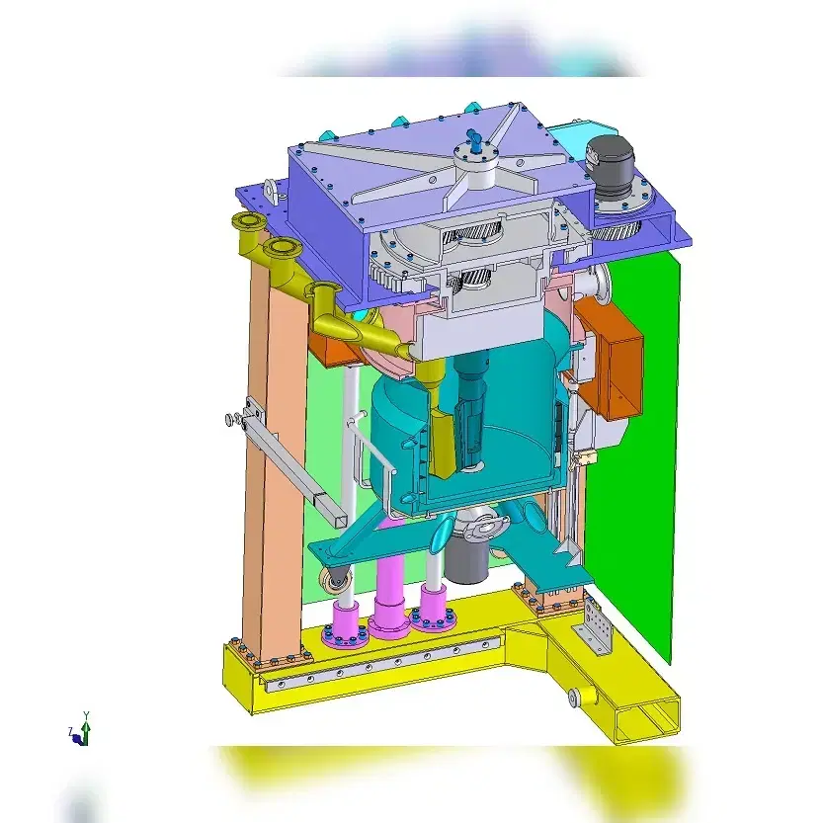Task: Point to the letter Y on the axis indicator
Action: pos(87,715)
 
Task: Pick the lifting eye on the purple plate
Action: pos(272,191)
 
